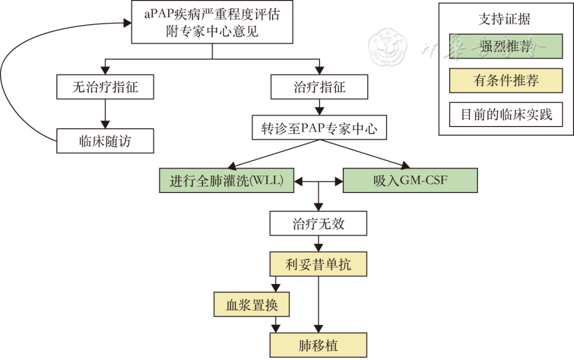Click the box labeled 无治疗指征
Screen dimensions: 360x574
pos(105,87)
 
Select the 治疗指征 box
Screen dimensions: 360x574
pos(319,87)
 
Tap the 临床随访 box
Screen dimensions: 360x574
pos(105,142)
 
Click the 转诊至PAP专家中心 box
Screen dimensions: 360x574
pos(319,129)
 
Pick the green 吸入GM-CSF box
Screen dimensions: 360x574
pos(410,181)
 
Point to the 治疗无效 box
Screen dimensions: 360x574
pos(318,224)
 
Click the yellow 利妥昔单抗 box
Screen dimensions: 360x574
pos(318,265)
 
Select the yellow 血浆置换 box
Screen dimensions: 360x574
pos(252,305)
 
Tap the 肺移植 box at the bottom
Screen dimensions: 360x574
pos(318,345)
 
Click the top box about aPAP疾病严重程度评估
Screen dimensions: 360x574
pos(212,22)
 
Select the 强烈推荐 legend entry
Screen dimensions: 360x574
pos(505,46)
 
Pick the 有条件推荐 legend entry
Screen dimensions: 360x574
pos(505,80)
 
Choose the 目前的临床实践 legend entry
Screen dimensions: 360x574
pos(505,114)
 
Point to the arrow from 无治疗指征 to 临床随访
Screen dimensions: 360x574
pos(105,114)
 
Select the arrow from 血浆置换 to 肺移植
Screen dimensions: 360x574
pos(276,324)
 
